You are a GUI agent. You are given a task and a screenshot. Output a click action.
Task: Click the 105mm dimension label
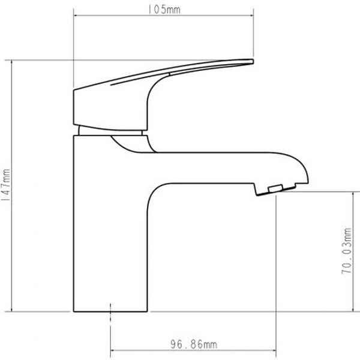(164, 10)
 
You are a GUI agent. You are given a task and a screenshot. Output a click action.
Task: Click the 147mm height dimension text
(6, 185)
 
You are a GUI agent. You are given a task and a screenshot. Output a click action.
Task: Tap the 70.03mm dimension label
(347, 251)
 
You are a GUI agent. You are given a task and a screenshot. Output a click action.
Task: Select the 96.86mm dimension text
(194, 344)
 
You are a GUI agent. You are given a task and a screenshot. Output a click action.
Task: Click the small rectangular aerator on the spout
(275, 188)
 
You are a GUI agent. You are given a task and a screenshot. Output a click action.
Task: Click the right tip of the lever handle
(253, 61)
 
